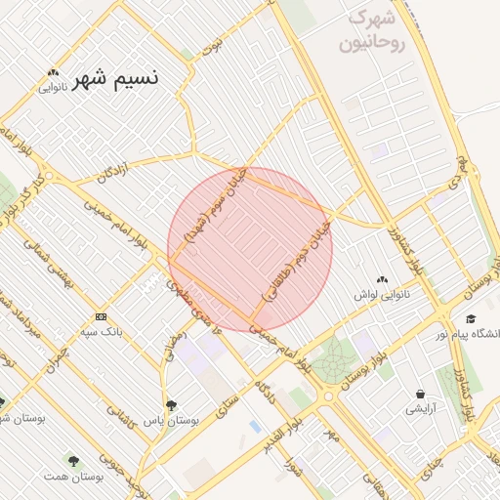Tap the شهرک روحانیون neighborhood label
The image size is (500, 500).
(x=364, y=31)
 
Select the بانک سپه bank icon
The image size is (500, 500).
(x=101, y=317)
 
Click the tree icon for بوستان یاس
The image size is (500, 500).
(x=172, y=404)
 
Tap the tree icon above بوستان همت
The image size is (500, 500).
(x=72, y=458)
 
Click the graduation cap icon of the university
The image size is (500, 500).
(x=472, y=319)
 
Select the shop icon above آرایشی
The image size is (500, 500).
(x=421, y=394)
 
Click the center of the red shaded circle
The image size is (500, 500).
(x=250, y=249)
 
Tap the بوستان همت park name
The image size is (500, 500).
(x=74, y=476)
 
